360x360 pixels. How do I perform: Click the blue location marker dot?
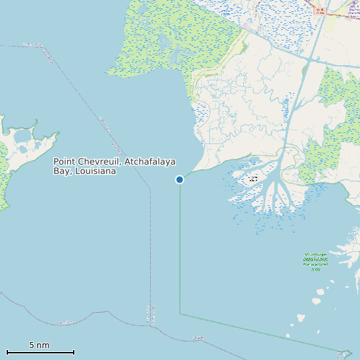(179, 179)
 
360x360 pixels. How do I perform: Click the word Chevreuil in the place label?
(100, 161)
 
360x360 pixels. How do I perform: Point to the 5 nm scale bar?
(40, 352)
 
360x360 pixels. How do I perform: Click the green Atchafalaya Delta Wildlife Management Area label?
(315, 261)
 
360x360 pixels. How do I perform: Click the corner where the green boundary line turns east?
(180, 314)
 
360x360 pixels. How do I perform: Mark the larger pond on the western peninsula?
(22, 136)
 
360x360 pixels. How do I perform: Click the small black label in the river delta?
(252, 179)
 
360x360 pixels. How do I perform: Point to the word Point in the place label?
(65, 161)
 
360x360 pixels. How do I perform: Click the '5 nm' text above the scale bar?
(39, 345)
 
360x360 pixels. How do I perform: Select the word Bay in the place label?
(62, 171)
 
